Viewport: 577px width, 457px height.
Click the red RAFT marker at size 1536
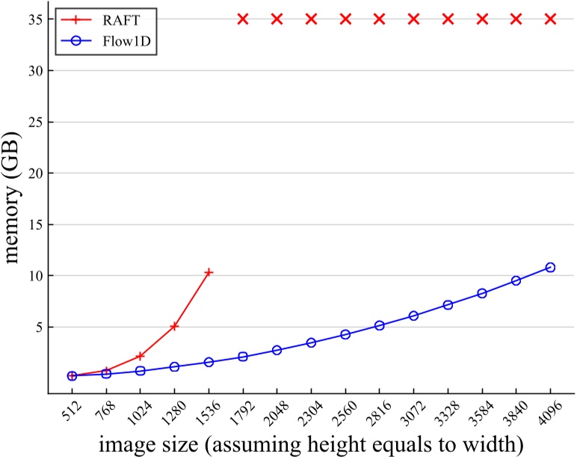(x=209, y=272)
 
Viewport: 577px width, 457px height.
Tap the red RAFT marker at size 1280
(x=174, y=326)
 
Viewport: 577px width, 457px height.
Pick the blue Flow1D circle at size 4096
(x=550, y=267)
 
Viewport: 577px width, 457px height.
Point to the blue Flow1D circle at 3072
(x=413, y=316)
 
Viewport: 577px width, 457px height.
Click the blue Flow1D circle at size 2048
(x=277, y=350)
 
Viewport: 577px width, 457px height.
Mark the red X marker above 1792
(x=242, y=19)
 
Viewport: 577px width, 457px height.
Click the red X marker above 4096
(x=550, y=19)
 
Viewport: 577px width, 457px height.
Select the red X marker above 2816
(x=379, y=19)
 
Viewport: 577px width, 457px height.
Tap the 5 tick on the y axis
(x=44, y=328)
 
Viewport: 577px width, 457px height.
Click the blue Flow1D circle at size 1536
(x=209, y=362)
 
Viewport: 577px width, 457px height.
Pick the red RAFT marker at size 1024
(x=140, y=356)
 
